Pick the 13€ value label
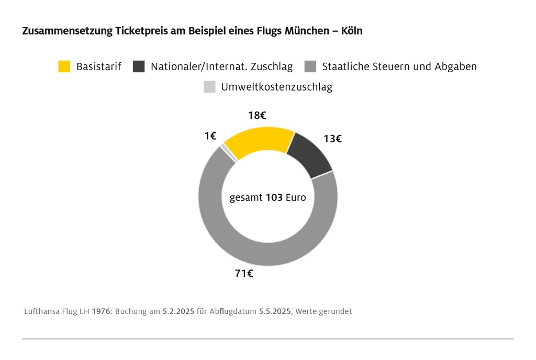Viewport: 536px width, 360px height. click(332, 139)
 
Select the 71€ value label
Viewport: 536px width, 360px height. click(244, 273)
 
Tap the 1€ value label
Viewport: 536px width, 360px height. click(210, 136)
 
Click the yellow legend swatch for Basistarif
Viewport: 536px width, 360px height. click(64, 66)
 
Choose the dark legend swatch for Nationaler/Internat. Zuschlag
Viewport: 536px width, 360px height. click(139, 66)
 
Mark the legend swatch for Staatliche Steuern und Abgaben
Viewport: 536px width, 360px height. click(310, 66)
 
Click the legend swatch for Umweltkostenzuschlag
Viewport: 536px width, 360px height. click(209, 87)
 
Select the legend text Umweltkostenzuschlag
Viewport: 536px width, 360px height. click(276, 87)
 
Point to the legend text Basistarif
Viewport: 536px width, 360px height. click(99, 66)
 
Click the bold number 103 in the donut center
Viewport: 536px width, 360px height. click(274, 198)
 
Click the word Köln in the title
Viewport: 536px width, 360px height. click(352, 31)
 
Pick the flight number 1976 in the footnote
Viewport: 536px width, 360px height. click(102, 311)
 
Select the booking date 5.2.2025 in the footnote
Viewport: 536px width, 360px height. click(178, 311)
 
